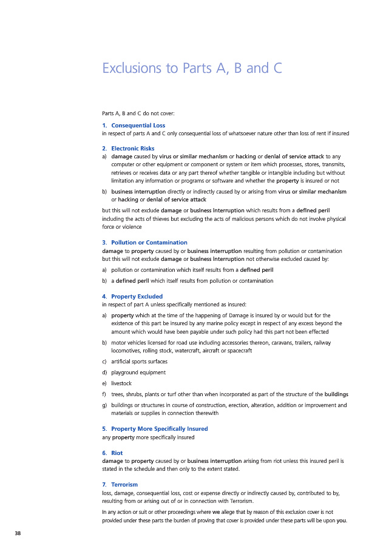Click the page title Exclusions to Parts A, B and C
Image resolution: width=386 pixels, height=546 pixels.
(x=192, y=68)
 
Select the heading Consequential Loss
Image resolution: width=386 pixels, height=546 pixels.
(x=138, y=126)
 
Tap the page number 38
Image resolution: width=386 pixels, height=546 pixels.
(x=19, y=532)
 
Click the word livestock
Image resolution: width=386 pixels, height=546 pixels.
(x=121, y=383)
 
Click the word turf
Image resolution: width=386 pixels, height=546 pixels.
(x=169, y=394)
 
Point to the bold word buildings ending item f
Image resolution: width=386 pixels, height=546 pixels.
(x=336, y=394)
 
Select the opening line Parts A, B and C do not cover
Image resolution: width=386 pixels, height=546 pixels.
(x=138, y=113)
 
